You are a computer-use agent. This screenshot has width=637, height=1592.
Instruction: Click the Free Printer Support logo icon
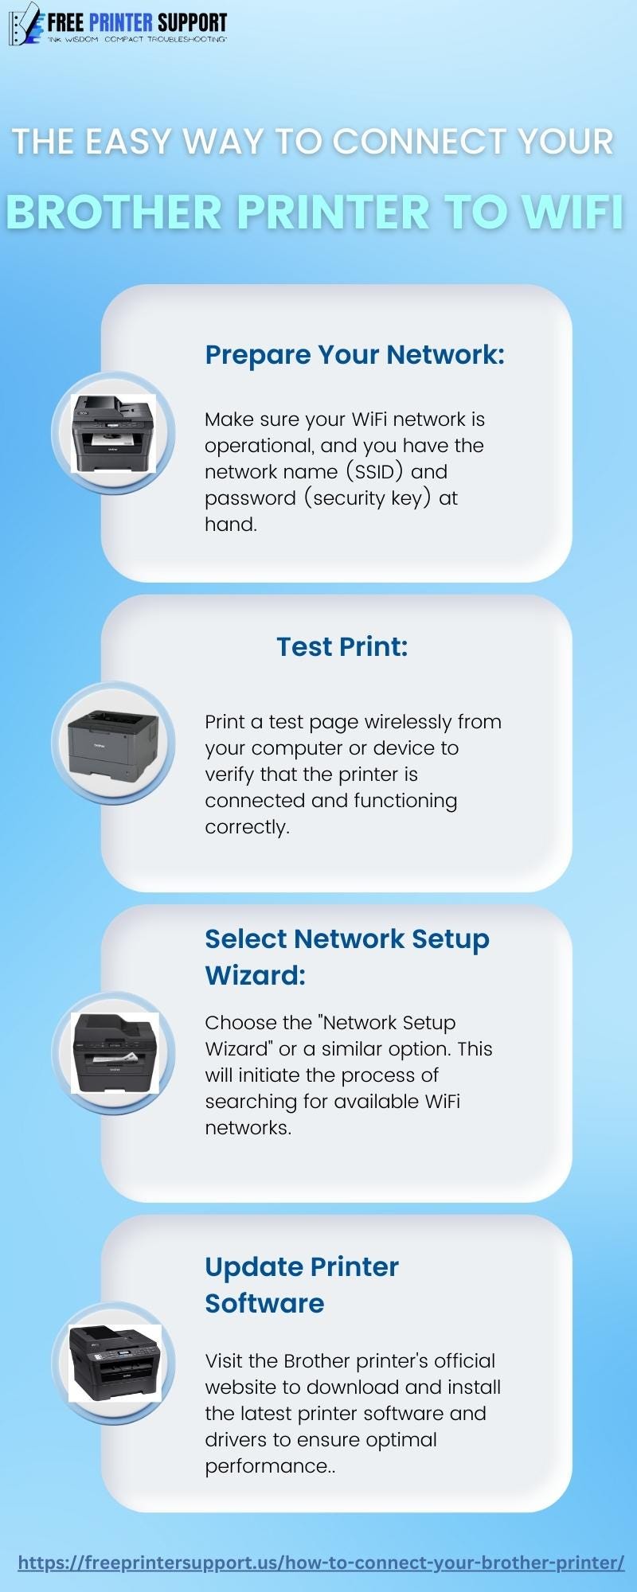[24, 24]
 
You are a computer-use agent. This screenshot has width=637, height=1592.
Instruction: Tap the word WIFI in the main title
[572, 213]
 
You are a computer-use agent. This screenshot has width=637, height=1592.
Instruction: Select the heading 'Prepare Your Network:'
[354, 355]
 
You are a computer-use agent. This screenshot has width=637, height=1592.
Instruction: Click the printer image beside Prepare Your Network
[113, 434]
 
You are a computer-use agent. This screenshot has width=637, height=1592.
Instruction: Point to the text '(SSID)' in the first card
[374, 472]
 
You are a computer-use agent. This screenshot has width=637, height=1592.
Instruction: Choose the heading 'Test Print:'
[342, 647]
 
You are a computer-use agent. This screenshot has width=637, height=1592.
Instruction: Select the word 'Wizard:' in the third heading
[255, 976]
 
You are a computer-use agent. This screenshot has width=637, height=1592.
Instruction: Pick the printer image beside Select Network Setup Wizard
[114, 1053]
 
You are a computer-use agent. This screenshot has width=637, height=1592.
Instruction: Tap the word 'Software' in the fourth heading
[264, 1304]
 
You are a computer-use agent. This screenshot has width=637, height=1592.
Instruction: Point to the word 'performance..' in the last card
[270, 1466]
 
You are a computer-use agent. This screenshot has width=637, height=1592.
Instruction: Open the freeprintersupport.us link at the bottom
[320, 1563]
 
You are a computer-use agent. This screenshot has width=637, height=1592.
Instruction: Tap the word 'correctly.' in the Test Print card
[247, 827]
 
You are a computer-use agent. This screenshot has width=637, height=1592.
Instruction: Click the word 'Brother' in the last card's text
[317, 1361]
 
